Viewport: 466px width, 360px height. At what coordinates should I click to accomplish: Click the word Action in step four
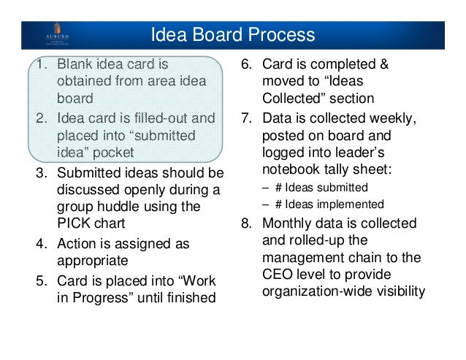(76, 243)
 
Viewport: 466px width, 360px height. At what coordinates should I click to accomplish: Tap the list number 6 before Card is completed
(246, 66)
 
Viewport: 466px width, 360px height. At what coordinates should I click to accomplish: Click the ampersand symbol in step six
(383, 66)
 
